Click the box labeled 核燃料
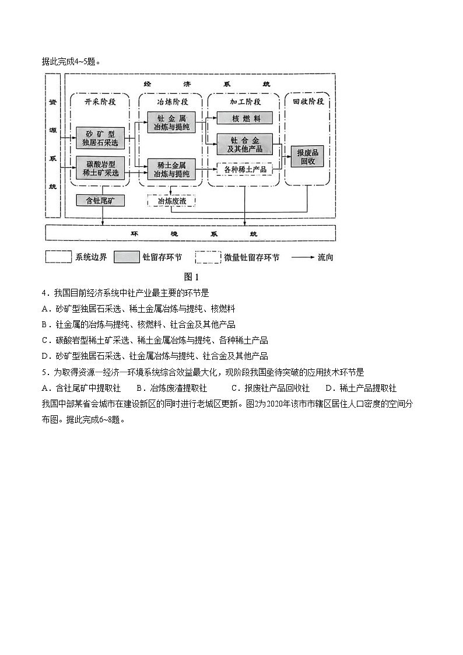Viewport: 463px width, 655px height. (245, 118)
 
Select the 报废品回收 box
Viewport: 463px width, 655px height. (307, 156)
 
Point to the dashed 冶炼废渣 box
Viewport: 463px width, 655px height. (171, 201)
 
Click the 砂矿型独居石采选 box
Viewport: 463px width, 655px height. (101, 138)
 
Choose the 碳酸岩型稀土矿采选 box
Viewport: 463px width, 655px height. (101, 168)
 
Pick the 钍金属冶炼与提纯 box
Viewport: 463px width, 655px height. (171, 122)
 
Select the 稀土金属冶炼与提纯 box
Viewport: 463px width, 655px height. (171, 169)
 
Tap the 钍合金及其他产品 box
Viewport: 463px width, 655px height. (245, 144)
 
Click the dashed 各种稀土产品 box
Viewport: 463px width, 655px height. (245, 169)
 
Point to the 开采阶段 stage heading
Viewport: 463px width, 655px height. (100, 101)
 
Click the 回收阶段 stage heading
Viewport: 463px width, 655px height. (307, 101)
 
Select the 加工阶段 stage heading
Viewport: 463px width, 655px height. (245, 101)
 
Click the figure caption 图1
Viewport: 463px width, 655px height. (191, 276)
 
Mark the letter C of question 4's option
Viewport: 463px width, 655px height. (45, 341)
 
